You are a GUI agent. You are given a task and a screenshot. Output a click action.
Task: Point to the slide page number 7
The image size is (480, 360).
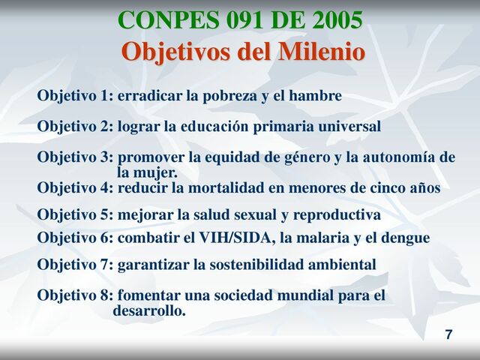[x=448, y=334]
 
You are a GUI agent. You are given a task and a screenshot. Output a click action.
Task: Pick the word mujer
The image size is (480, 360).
[x=157, y=173]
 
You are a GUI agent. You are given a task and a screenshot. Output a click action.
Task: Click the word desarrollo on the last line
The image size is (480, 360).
[x=148, y=310]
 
